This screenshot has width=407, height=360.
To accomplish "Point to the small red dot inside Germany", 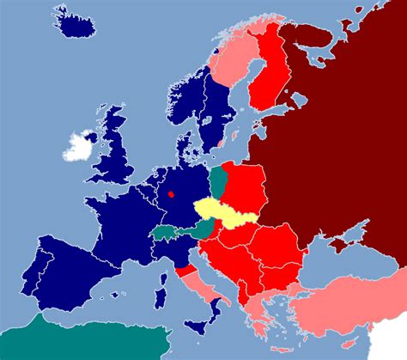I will pyautogui.click(x=172, y=194).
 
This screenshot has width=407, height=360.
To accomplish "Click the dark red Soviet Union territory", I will pyautogui.click(x=343, y=129).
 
